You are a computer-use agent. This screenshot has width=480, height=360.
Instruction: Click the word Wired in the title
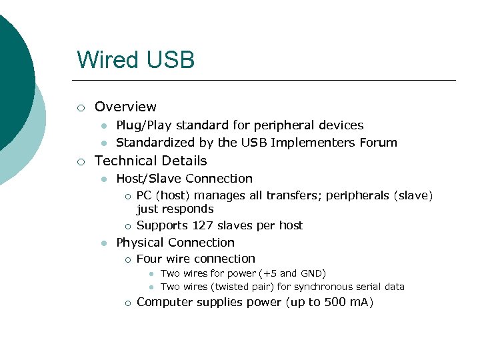[x=107, y=59]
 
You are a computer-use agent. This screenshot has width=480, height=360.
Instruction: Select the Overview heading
[x=125, y=107]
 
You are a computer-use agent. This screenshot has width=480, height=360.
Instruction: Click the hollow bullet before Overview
[x=81, y=107]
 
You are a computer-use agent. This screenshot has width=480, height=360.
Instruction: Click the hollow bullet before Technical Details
[x=81, y=161]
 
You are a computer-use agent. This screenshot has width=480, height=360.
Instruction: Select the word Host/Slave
[x=149, y=179]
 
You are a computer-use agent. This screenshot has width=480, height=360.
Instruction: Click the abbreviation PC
[x=144, y=195]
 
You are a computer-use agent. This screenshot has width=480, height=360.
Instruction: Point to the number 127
[x=202, y=225]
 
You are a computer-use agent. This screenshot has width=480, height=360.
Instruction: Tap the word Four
[x=149, y=259]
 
